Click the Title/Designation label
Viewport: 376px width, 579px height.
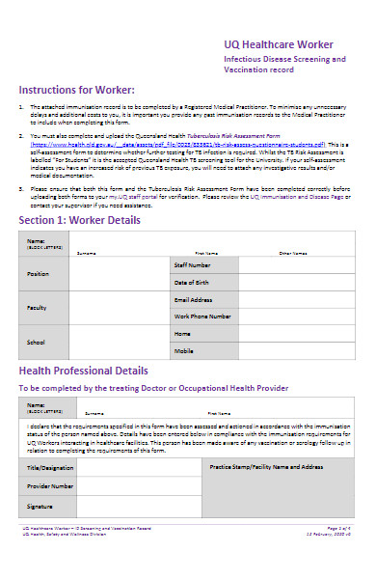point(46,466)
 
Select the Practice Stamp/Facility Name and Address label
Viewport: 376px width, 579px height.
point(266,466)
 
